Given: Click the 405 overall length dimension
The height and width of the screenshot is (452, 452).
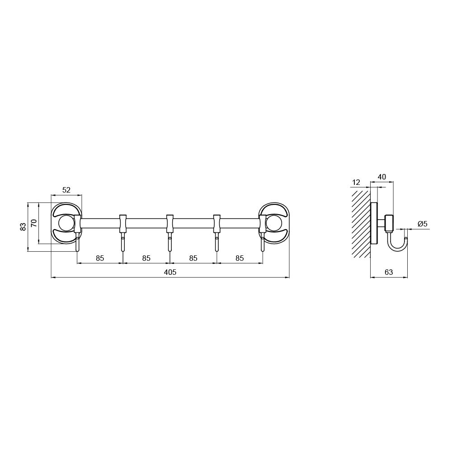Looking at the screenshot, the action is tap(170, 272).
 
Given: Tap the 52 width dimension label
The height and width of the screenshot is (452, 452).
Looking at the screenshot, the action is tap(66, 190).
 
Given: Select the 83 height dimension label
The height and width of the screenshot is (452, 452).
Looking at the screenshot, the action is tap(24, 227).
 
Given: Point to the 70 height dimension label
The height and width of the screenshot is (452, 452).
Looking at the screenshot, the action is tap(34, 223).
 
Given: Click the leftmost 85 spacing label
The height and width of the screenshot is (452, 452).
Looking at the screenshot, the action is tap(100, 258).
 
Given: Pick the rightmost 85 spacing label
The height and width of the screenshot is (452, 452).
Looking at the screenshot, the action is tap(240, 258).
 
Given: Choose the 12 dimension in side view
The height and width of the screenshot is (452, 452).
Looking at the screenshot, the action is tap(356, 183).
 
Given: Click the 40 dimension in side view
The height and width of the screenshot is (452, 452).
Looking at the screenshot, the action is tap(381, 177).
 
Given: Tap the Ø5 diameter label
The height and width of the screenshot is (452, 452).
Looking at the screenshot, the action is tap(422, 223).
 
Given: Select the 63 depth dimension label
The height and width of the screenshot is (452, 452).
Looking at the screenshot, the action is tap(389, 272).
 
